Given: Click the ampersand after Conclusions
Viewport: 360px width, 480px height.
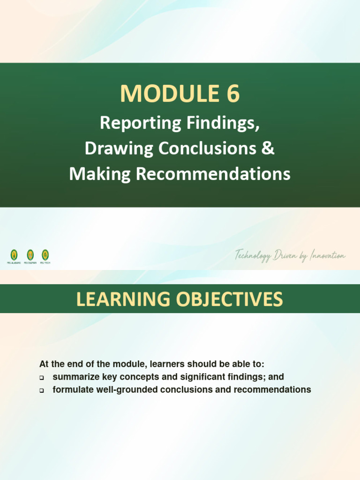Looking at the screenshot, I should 269,149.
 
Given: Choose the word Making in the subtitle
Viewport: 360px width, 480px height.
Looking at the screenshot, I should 101,174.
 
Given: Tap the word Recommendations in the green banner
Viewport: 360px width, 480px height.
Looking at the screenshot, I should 213,174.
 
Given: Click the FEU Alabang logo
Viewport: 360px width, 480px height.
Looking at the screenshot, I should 14,255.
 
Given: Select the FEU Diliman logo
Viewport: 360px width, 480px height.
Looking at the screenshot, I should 30,255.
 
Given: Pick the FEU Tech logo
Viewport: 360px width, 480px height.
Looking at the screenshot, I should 45,255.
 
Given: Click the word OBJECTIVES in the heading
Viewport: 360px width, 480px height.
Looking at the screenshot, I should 230,299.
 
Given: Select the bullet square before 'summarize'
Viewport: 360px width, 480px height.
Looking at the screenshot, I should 42,377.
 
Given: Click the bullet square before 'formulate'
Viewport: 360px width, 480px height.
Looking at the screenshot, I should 42,390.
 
